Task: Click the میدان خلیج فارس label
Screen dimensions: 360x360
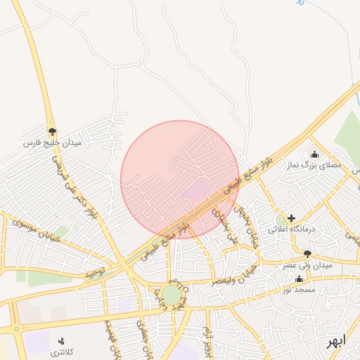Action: click(x=53, y=143)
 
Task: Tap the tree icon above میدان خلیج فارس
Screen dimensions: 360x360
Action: click(x=52, y=131)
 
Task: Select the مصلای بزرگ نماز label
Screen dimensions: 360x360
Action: click(x=314, y=166)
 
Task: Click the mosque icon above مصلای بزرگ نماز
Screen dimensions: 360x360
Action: click(x=314, y=154)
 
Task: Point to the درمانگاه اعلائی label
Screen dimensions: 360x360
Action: click(x=292, y=230)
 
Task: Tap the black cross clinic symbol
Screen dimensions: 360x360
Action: click(x=292, y=219)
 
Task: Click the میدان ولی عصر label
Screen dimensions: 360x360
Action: click(x=307, y=265)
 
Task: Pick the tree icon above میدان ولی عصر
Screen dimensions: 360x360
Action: click(x=307, y=253)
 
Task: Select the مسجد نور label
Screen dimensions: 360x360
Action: click(x=300, y=290)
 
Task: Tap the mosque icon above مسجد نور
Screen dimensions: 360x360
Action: click(x=300, y=278)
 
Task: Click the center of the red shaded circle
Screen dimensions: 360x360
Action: click(x=180, y=180)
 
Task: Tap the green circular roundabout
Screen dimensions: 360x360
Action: click(x=170, y=295)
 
